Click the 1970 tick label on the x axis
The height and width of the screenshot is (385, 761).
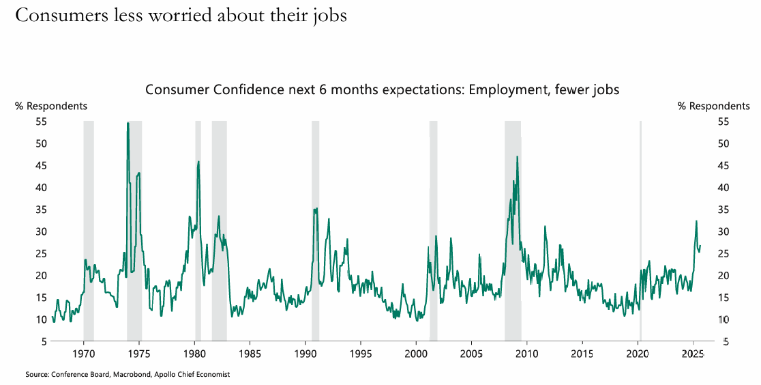(x=83, y=354)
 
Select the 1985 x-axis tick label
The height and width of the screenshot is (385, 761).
(x=250, y=354)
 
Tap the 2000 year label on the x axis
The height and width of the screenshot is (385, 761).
(x=416, y=354)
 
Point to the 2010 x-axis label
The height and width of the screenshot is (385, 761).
(x=526, y=354)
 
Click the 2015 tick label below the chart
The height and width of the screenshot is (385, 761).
(x=582, y=354)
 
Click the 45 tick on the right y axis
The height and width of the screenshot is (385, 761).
(x=723, y=165)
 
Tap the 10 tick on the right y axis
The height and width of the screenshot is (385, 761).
(x=723, y=319)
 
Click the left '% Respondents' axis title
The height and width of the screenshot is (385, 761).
(x=51, y=106)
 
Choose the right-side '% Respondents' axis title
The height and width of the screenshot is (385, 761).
(x=713, y=106)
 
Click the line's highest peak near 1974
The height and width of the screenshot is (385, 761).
(x=128, y=123)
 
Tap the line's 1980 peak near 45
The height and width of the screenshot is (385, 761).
(x=198, y=162)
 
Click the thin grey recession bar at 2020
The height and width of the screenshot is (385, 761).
(x=640, y=230)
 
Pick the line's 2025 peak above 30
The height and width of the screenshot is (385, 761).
(x=696, y=220)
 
